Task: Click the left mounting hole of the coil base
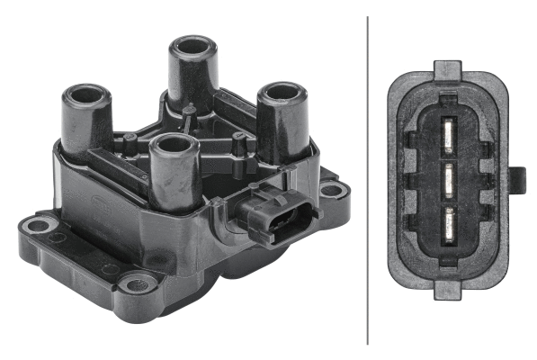39,224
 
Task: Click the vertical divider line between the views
368,180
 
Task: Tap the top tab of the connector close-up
448,68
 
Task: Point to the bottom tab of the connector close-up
448,289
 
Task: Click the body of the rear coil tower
191,76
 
